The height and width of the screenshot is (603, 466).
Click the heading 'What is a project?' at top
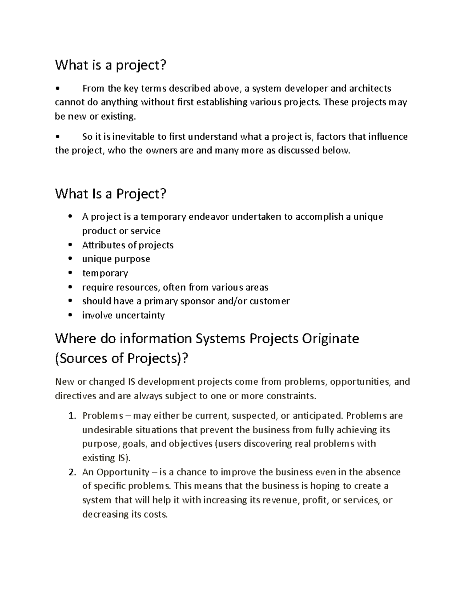110,65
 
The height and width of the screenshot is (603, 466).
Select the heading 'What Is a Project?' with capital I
111,193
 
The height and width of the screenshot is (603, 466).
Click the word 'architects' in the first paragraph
370,89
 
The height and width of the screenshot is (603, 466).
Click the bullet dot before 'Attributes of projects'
70,245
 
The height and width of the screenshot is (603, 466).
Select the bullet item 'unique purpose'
116,259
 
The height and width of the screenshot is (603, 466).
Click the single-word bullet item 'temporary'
105,273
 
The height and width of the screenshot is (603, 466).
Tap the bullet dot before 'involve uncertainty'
70,315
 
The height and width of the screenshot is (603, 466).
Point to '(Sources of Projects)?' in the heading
122,358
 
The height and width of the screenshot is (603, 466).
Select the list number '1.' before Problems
72,416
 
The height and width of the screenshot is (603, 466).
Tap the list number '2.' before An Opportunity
72,473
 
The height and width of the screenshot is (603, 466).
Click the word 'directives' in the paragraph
75,396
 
